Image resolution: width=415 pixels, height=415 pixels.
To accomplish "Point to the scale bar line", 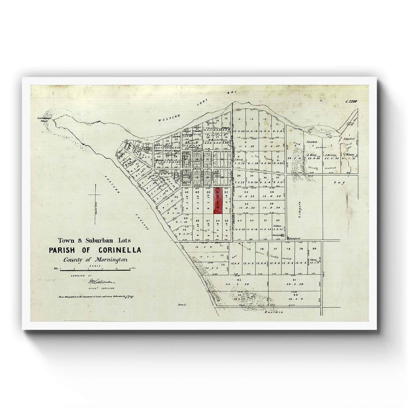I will (x=95, y=270).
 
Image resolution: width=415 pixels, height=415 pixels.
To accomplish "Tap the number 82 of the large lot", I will (x=239, y=280).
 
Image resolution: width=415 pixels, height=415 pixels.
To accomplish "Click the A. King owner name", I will (x=313, y=155).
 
